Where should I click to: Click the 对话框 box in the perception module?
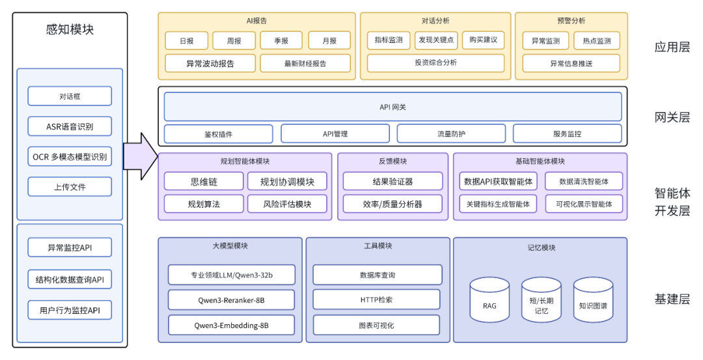click(x=70, y=96)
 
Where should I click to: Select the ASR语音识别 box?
click(x=70, y=126)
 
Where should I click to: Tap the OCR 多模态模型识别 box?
click(x=70, y=157)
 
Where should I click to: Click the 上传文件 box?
click(x=70, y=187)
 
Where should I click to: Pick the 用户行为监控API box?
click(x=70, y=310)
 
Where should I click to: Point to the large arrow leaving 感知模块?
click(x=141, y=156)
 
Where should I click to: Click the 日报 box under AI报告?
click(x=186, y=40)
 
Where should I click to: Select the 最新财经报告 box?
click(x=305, y=63)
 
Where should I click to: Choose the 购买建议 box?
click(x=483, y=40)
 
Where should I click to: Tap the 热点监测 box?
click(x=596, y=40)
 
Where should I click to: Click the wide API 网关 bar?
click(x=393, y=107)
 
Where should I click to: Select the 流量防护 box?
click(x=451, y=133)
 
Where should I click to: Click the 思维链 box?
click(x=203, y=182)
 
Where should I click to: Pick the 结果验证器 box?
click(x=393, y=182)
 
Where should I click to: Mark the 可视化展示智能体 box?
click(x=584, y=204)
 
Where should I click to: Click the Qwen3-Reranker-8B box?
click(x=231, y=300)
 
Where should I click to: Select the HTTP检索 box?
click(x=377, y=299)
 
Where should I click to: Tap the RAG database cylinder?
click(x=489, y=299)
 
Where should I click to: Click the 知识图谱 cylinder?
click(x=592, y=299)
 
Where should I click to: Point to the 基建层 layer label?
click(x=672, y=299)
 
